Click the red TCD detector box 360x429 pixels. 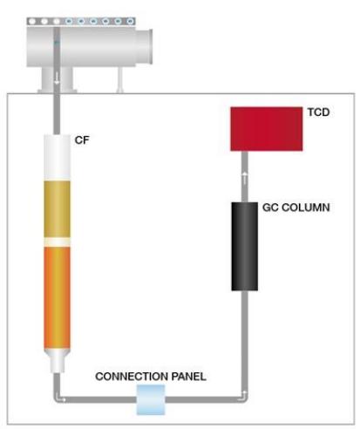tap(267, 129)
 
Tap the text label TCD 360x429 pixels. tap(319, 112)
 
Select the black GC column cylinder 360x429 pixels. tap(244, 247)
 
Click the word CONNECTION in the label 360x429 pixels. tap(132, 377)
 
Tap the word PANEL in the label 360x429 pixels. tap(189, 377)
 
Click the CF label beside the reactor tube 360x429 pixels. tap(82, 140)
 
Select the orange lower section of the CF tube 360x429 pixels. tap(57, 297)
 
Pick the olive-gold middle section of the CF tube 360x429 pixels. tap(57, 209)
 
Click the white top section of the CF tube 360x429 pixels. tap(57, 157)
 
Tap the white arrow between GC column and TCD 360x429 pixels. tap(245, 178)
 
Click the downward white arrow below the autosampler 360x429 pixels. tap(57, 78)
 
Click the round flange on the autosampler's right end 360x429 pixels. tap(145, 46)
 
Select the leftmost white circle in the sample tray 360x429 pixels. tap(32, 21)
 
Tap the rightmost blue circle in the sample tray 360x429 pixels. tap(130, 21)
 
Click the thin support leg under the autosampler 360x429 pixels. tap(119, 79)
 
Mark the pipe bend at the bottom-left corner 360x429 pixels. tap(58, 398)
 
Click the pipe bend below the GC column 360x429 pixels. tap(244, 398)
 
